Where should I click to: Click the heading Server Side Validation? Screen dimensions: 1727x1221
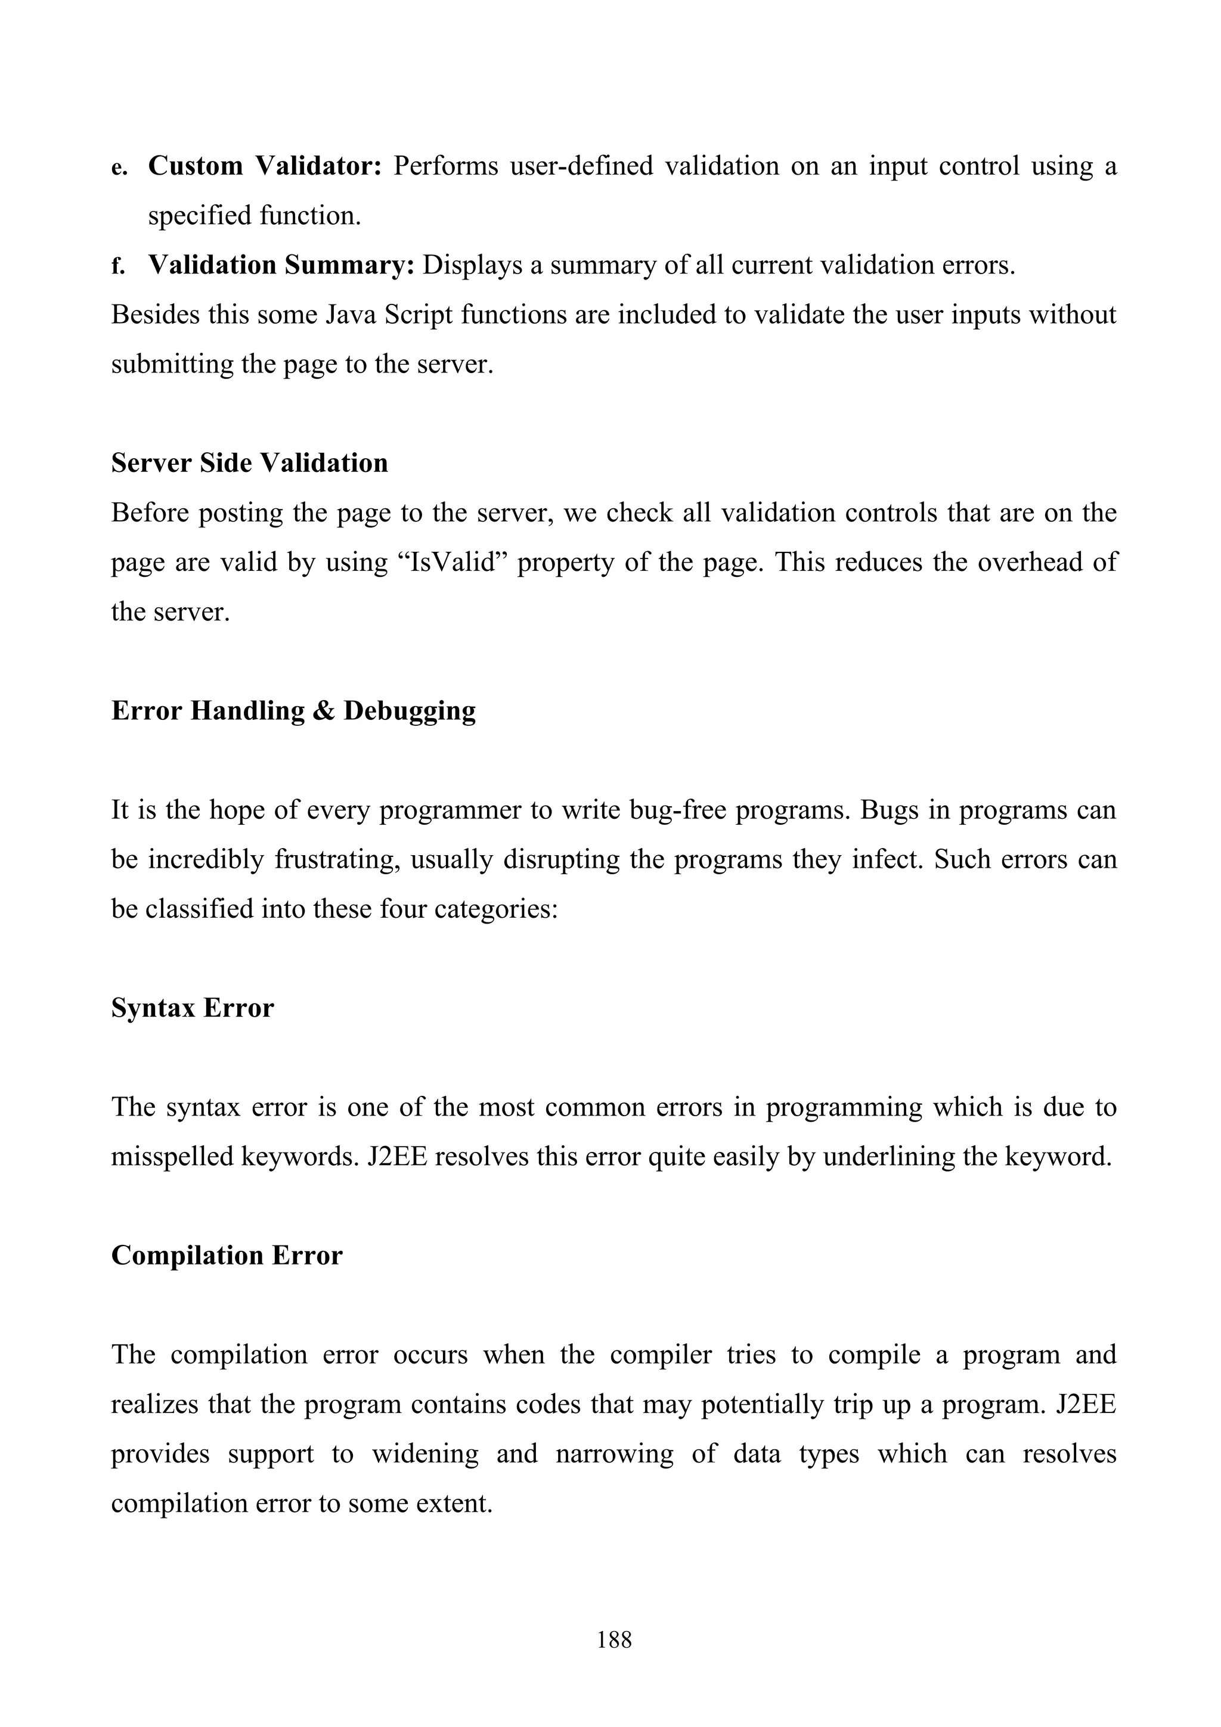pos(249,462)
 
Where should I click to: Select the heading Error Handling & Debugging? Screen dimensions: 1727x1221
pos(293,710)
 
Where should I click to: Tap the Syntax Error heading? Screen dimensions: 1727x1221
pos(193,1007)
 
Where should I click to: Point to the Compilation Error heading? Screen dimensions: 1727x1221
pos(227,1256)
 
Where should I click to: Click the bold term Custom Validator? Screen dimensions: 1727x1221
pos(265,166)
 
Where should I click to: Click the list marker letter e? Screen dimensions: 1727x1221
pos(119,167)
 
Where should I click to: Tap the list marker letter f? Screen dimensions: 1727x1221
pos(117,266)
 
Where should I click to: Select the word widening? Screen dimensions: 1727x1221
pos(425,1454)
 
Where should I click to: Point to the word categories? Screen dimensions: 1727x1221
pos(494,909)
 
